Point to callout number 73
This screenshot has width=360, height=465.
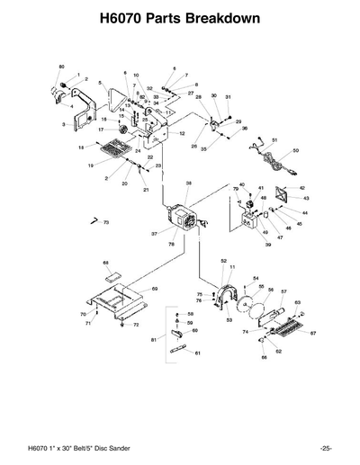coord(105,221)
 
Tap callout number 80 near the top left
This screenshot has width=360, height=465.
coord(61,67)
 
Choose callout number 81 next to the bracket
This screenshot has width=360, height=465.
coord(154,340)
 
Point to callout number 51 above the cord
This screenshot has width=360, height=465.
coord(274,140)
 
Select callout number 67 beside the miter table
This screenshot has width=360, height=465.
coord(313,333)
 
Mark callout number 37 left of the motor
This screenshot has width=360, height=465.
coord(154,233)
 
